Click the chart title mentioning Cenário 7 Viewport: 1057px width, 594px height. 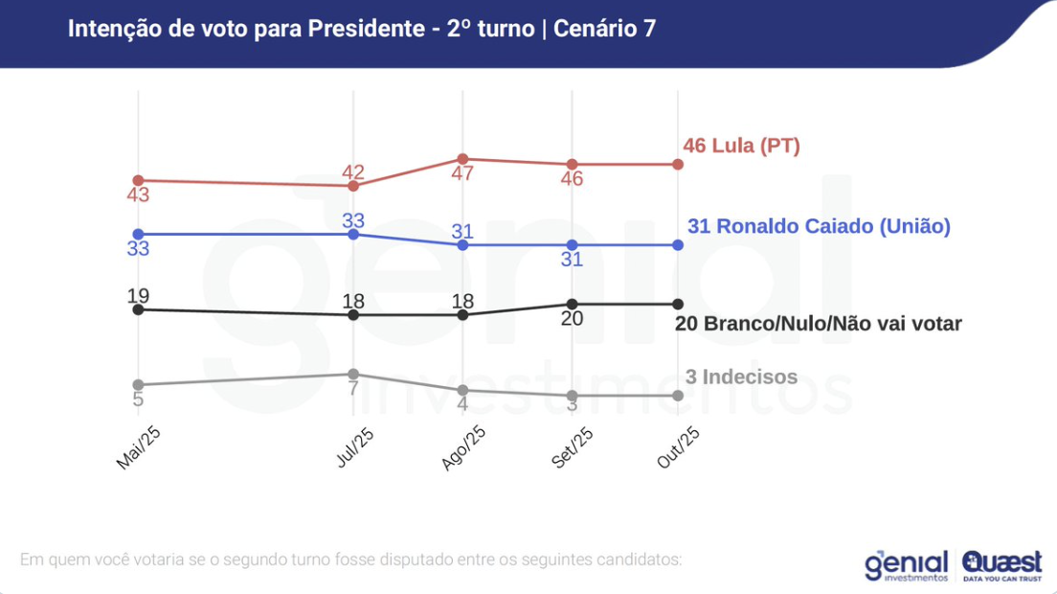(361, 29)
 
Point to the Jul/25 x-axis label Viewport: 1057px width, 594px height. (355, 446)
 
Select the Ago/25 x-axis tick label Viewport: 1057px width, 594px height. (464, 447)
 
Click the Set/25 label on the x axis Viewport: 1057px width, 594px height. (573, 447)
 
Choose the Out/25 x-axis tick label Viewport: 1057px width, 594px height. (680, 447)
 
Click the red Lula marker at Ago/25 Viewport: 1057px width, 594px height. (462, 159)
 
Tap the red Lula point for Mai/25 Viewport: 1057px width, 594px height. (138, 180)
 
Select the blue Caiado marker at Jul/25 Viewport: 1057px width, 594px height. (354, 234)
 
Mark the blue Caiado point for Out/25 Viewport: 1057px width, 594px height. (678, 245)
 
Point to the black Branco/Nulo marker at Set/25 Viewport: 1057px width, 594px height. (572, 305)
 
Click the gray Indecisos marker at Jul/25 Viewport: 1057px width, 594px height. (354, 374)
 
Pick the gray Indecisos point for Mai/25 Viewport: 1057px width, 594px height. (138, 384)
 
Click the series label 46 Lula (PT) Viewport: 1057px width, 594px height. (741, 147)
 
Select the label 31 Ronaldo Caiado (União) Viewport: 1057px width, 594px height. (819, 227)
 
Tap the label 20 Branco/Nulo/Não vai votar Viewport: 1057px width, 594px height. (818, 324)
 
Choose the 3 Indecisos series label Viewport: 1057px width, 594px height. (741, 377)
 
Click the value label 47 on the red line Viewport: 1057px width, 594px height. (462, 174)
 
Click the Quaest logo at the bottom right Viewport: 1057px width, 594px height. (1002, 564)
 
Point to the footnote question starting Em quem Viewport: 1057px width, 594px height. (350, 559)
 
